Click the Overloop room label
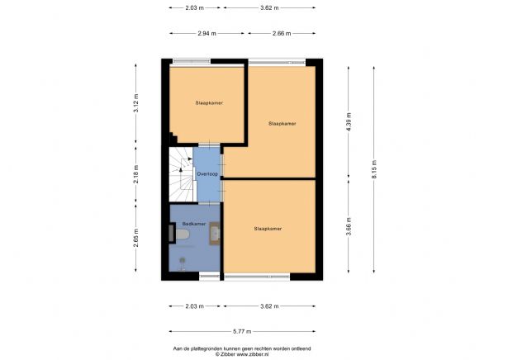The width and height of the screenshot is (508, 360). pos(207,174)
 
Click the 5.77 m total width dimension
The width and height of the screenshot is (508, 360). pos(244,331)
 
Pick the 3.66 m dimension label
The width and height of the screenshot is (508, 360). pos(349,228)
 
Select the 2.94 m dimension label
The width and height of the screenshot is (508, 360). pos(207,34)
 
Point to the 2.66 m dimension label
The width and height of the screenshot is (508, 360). pos(281,34)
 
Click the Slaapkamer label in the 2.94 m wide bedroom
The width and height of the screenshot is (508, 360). pos(208,103)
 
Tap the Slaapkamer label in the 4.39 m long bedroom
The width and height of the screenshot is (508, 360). pos(282,123)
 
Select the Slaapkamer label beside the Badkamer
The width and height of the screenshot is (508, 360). pos(268,229)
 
